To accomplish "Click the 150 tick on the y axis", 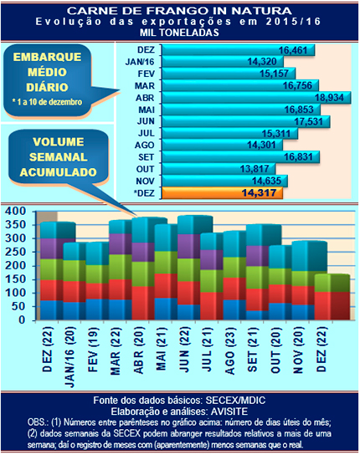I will (14, 279).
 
